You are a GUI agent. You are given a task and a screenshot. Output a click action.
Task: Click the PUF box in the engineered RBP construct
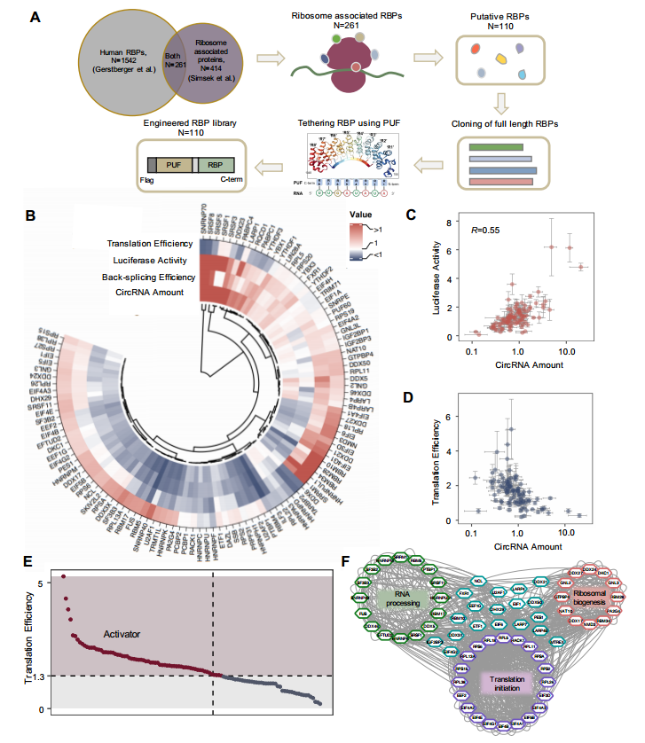176,165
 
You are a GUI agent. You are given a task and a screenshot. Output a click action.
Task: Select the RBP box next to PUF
215,165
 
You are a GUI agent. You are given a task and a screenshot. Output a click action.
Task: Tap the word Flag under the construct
146,177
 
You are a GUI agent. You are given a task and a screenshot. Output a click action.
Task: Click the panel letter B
30,215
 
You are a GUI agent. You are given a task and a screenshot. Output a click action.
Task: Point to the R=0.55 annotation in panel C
488,230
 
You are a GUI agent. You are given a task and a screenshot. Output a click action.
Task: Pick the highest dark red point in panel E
63,577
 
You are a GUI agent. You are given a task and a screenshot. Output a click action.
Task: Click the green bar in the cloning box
499,146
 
